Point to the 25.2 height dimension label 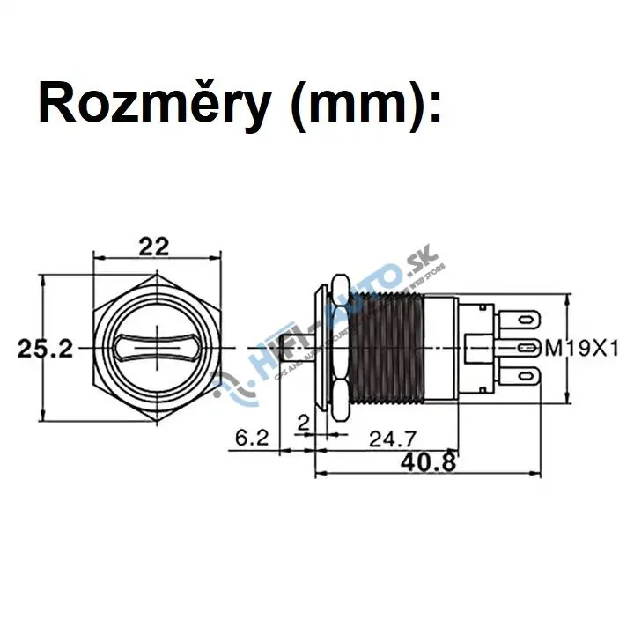click(x=45, y=348)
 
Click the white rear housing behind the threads click(x=440, y=347)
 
